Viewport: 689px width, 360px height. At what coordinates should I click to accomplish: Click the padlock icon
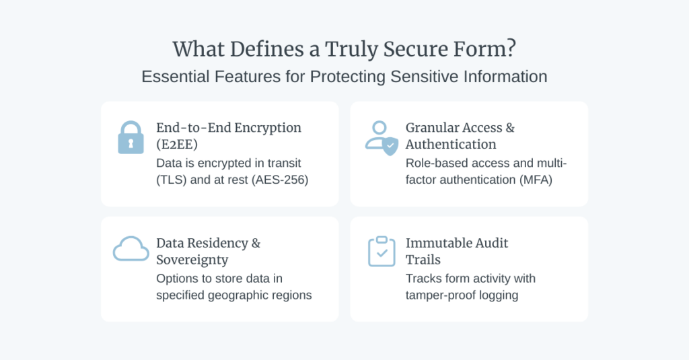coord(131,137)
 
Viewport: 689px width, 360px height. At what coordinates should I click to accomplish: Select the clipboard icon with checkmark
coord(382,251)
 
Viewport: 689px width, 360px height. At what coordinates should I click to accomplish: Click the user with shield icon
coord(382,138)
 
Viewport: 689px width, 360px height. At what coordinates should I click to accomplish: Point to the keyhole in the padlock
coord(131,143)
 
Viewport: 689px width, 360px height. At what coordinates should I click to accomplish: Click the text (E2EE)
coord(177,144)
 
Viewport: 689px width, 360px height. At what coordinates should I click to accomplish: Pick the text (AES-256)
coord(280,180)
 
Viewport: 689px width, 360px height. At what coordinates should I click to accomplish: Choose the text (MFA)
coord(535,180)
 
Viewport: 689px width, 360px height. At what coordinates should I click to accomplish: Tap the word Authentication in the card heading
coord(451,144)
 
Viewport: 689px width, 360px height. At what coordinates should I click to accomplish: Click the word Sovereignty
coord(192,260)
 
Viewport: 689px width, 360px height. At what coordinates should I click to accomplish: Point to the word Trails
coord(423,260)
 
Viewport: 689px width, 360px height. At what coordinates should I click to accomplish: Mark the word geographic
coord(235,295)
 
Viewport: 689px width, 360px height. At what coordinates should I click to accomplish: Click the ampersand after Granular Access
coord(510,128)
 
